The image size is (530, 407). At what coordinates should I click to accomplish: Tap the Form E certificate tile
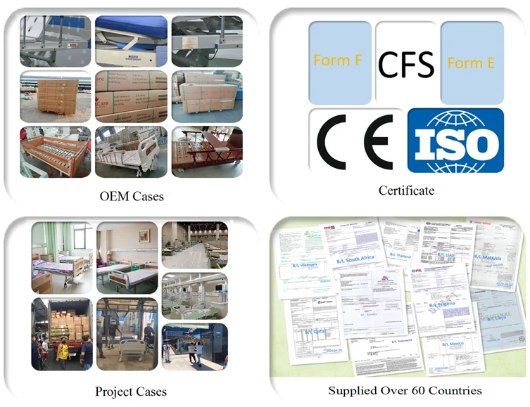pos(472,63)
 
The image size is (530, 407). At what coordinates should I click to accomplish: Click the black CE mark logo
pos(355,139)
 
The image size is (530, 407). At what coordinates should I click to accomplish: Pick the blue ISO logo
pos(455,141)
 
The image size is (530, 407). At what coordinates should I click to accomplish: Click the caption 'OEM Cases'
pos(132,196)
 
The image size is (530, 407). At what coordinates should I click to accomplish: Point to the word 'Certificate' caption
pos(406,190)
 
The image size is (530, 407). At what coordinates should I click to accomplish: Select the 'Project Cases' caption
pos(131,391)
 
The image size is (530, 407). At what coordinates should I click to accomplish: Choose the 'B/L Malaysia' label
pos(487,257)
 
